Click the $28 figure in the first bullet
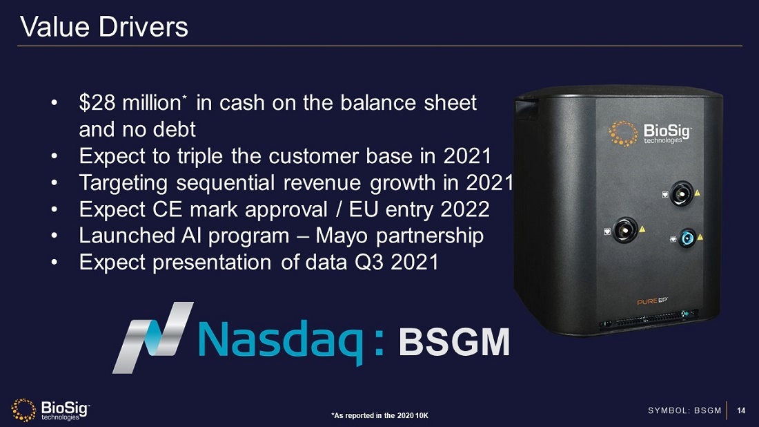tap(97, 103)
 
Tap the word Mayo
tap(344, 236)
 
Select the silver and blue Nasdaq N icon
tap(153, 336)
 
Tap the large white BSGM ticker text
tap(455, 341)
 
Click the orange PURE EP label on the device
tap(651, 301)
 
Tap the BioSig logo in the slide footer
tap(50, 410)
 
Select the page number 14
tap(742, 411)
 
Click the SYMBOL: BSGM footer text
tap(684, 411)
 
